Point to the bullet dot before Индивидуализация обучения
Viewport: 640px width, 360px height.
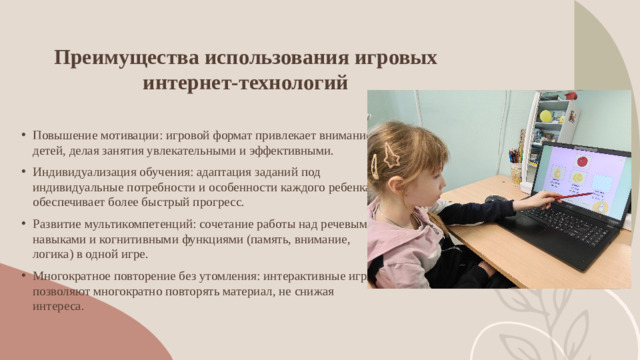click(23, 171)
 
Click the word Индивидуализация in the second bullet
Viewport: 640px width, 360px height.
click(80, 170)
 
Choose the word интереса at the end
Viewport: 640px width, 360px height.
click(58, 306)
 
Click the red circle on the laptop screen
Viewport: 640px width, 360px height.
click(580, 160)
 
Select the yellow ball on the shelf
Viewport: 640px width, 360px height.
click(546, 116)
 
